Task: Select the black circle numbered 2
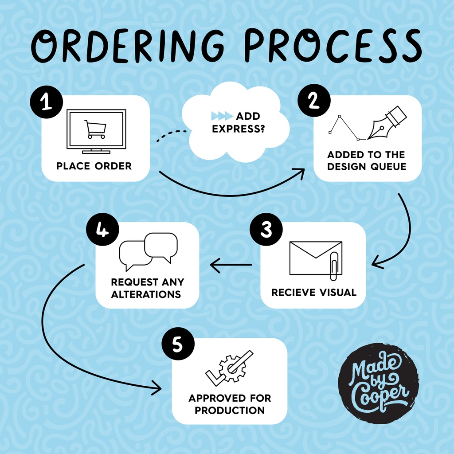pos(313,102)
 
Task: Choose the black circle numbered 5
pos(177,344)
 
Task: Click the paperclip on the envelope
pos(334,267)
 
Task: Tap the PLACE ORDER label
pos(94,166)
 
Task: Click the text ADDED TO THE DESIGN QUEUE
pos(366,161)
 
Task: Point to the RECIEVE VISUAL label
pos(314,293)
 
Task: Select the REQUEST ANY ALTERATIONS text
pos(147,288)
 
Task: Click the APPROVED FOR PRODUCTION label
pos(230,404)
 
